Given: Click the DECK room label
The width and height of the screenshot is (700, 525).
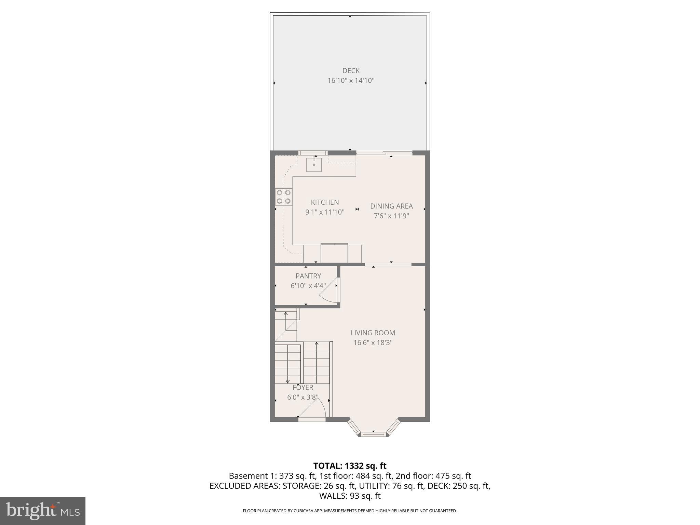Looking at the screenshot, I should pyautogui.click(x=351, y=71).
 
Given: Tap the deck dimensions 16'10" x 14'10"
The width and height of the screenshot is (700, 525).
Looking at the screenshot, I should pyautogui.click(x=351, y=81).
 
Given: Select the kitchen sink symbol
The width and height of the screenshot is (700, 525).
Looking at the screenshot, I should pyautogui.click(x=314, y=165).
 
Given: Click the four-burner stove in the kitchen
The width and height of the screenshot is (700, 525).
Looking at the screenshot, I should pyautogui.click(x=284, y=197).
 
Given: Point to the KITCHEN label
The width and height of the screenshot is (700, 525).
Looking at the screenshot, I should pyautogui.click(x=325, y=202).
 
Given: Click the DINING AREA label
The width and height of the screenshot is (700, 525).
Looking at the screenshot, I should pyautogui.click(x=391, y=206).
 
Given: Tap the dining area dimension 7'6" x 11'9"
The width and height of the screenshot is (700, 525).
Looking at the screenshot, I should pyautogui.click(x=391, y=216).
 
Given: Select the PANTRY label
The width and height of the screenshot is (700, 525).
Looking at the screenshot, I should pyautogui.click(x=308, y=276).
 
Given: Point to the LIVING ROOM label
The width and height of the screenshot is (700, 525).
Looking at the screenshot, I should pyautogui.click(x=373, y=333).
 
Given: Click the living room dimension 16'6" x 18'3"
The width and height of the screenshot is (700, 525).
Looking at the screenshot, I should pyautogui.click(x=373, y=342).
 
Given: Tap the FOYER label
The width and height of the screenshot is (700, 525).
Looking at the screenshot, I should pyautogui.click(x=302, y=388).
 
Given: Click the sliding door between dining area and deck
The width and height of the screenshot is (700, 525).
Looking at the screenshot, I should pyautogui.click(x=384, y=153).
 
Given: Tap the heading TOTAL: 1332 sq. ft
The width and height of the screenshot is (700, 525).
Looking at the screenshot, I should pyautogui.click(x=350, y=466).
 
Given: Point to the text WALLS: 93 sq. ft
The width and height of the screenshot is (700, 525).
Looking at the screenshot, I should pyautogui.click(x=350, y=496).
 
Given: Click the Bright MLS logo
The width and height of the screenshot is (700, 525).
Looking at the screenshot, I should pyautogui.click(x=43, y=511).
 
